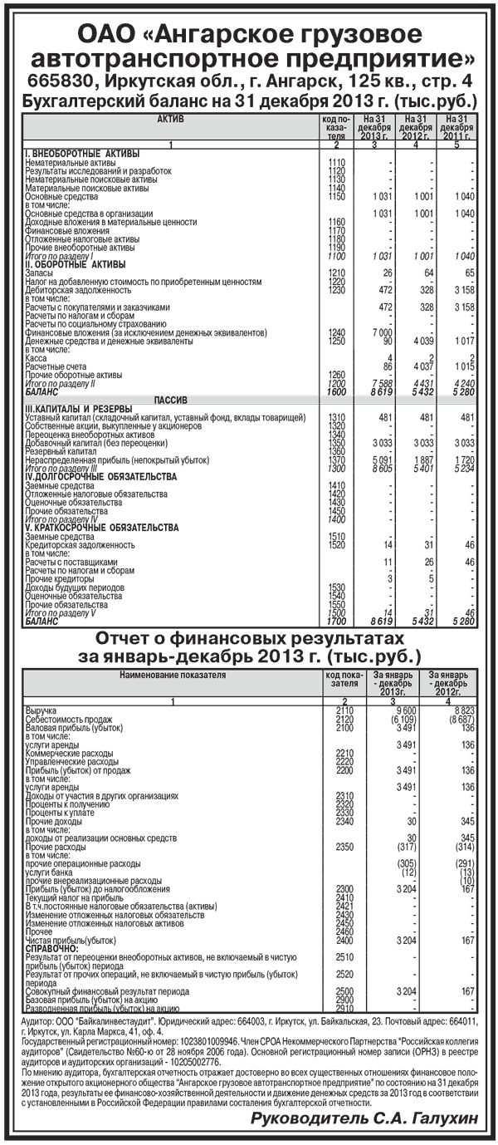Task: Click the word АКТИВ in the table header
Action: click(169, 120)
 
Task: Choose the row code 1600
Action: click(336, 391)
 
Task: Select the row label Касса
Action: click(37, 357)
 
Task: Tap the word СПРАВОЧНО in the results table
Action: click(51, 947)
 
